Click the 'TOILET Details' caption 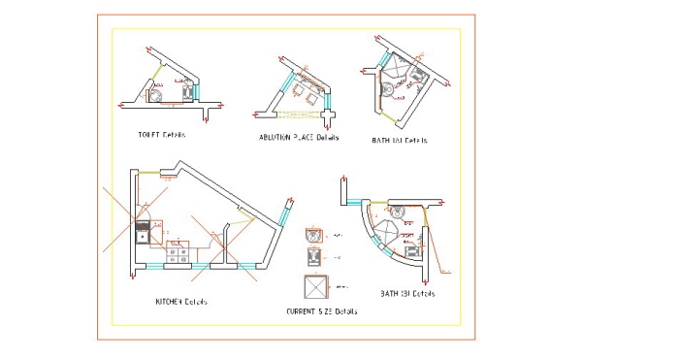pyautogui.click(x=163, y=135)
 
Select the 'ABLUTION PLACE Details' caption pyautogui.click(x=299, y=139)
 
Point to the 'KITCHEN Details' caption pyautogui.click(x=181, y=301)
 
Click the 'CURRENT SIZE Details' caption pyautogui.click(x=321, y=311)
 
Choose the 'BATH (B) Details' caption pyautogui.click(x=407, y=293)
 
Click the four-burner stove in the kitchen pyautogui.click(x=178, y=254)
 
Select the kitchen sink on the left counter pyautogui.click(x=143, y=234)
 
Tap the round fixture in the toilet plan pyautogui.click(x=155, y=95)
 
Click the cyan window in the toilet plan pyautogui.click(x=196, y=91)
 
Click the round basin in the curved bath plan pyautogui.click(x=397, y=213)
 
